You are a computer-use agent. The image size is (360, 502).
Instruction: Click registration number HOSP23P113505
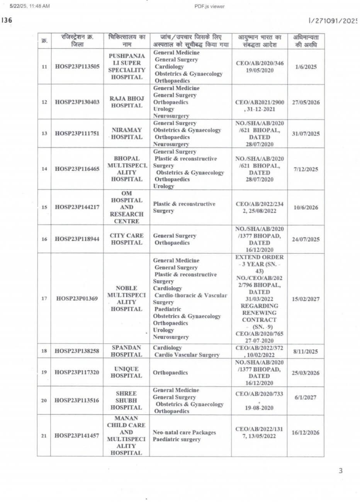77,66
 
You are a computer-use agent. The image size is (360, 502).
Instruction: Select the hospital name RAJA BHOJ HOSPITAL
126,102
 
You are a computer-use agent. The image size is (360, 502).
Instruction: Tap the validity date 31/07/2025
306,134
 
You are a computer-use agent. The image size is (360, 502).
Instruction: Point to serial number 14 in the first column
44,169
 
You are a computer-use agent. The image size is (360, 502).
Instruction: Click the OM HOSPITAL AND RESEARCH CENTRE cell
126,207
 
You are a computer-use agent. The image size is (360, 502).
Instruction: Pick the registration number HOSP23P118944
77,239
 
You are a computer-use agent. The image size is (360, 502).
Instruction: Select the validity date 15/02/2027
306,299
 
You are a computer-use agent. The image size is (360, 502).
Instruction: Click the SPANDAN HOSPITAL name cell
126,351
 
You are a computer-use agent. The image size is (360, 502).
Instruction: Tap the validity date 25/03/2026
306,373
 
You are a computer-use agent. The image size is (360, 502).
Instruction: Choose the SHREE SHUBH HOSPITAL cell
126,400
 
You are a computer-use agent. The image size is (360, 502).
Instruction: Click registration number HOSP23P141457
77,436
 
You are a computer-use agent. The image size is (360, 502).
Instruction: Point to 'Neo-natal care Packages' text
184,432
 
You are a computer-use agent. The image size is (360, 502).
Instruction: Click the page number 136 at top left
7,20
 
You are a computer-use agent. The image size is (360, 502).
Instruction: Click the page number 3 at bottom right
340,471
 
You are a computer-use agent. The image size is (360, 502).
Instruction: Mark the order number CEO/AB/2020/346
259,63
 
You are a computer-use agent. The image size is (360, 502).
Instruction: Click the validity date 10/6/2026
306,207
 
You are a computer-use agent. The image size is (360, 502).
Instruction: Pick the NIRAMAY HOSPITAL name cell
126,134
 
